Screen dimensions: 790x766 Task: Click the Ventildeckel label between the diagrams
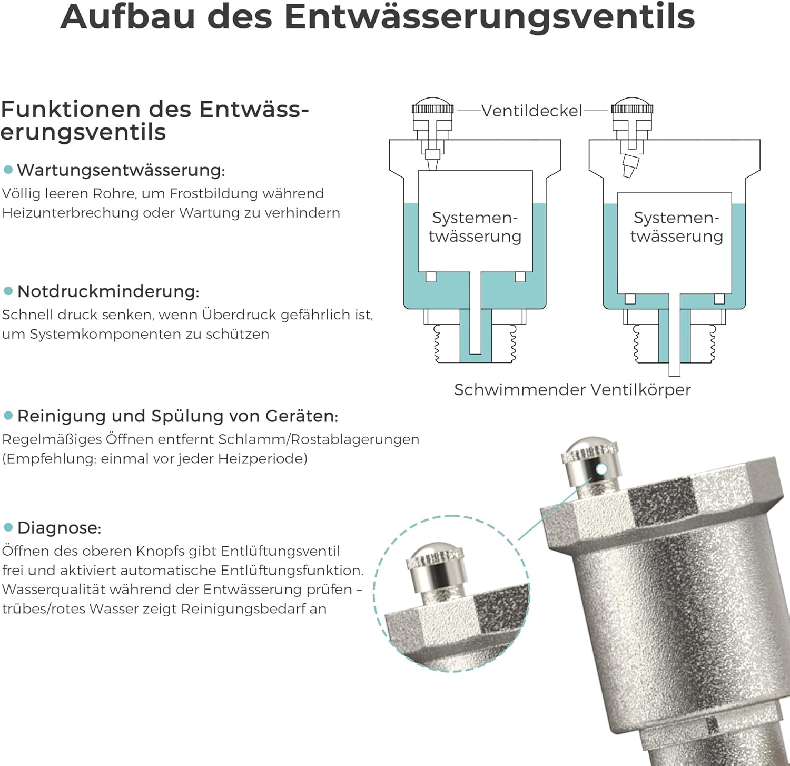532,111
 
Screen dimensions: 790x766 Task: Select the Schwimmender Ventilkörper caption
572,390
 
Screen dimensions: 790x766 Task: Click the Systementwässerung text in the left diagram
475,227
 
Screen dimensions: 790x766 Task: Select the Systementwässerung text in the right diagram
676,227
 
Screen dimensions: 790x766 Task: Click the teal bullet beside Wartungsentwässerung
8,170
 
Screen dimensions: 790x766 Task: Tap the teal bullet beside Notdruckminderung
8,291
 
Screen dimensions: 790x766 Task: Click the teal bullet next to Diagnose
8,527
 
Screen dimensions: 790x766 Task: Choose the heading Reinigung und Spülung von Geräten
177,416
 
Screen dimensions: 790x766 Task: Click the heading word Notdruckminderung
108,291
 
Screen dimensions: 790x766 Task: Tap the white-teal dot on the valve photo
602,469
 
